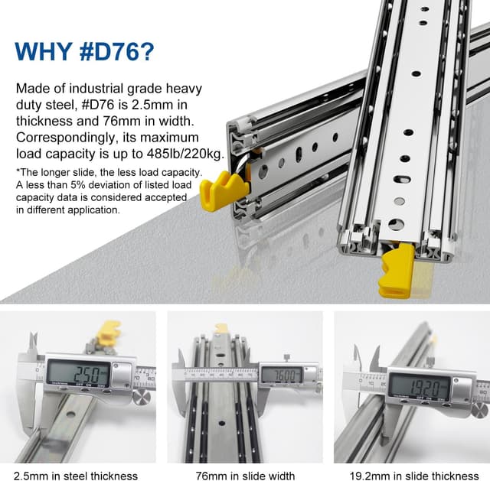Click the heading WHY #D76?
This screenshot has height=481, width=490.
[84, 51]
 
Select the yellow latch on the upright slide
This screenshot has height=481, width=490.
[396, 271]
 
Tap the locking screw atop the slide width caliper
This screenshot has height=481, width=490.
[286, 357]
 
